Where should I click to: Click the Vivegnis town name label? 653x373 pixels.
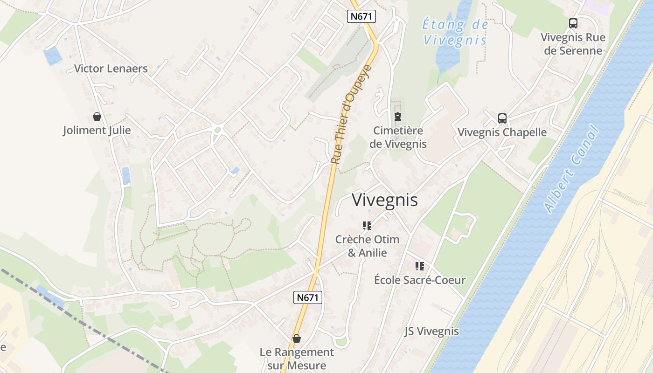[x=385, y=200]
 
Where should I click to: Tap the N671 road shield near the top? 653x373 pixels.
[x=361, y=16]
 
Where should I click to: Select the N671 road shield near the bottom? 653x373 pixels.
[x=308, y=297]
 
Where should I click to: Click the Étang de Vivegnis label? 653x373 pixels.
[x=455, y=32]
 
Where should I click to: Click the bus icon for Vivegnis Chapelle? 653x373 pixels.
[x=502, y=118]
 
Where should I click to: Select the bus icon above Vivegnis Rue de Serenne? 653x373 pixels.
[x=573, y=23]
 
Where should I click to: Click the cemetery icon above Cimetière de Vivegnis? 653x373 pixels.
[x=398, y=117]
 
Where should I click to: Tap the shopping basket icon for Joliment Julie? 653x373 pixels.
[x=97, y=117]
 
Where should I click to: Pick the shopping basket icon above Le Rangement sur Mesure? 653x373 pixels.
[x=297, y=338]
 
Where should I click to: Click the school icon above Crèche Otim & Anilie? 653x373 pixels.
[x=367, y=226]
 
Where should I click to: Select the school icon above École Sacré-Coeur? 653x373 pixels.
[x=420, y=266]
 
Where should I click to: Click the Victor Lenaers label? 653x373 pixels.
[x=111, y=69]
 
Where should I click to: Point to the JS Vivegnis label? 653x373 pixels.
[x=431, y=331]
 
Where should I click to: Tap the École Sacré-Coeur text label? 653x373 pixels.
[x=420, y=280]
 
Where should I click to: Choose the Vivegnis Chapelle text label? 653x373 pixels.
[x=502, y=132]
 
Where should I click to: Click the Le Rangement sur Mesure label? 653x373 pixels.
[x=297, y=359]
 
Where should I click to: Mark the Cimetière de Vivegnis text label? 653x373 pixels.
[x=398, y=137]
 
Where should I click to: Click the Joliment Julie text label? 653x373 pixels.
[x=97, y=130]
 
